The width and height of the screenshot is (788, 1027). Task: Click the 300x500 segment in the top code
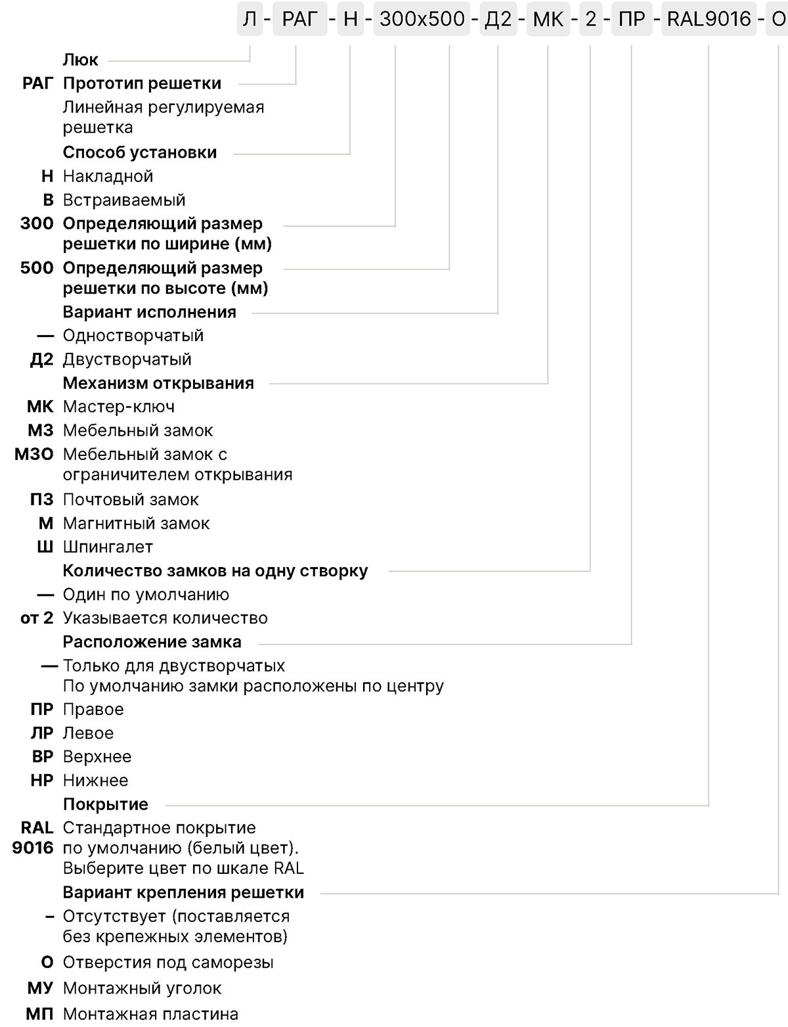422,19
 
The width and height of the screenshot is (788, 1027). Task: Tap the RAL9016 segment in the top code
708,19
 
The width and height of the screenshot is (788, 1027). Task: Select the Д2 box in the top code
498,19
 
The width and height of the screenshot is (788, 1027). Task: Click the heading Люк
80,60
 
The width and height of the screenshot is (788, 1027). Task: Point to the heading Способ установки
140,152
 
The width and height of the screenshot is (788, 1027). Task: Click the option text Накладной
108,176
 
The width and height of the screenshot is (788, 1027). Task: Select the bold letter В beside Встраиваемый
48,200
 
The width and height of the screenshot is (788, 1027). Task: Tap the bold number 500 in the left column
37,268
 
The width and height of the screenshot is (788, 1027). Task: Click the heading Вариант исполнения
150,312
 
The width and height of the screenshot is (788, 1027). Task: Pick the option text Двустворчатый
127,359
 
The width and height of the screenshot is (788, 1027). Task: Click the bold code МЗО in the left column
34,454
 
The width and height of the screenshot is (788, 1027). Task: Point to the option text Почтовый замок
131,499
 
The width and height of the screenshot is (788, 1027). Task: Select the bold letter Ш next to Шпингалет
45,547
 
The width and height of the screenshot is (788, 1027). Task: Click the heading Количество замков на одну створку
215,571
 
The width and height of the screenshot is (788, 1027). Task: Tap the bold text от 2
37,618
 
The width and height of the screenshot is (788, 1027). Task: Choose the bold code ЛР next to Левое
42,733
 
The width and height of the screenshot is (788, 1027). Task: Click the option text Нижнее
95,781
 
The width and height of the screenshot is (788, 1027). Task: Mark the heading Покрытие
106,804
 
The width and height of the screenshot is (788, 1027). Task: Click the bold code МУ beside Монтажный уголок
40,988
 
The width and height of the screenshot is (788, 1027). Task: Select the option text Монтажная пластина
150,1015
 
